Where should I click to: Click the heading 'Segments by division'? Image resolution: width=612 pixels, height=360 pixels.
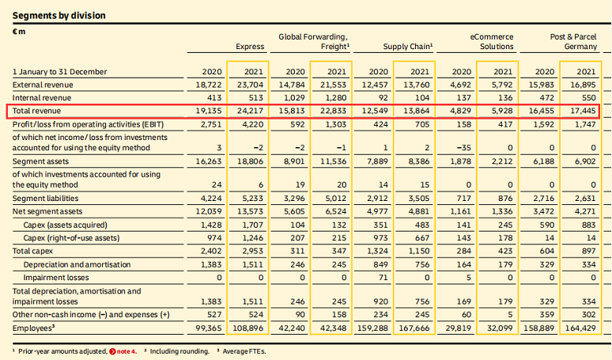59,15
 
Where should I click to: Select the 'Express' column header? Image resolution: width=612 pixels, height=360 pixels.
250,47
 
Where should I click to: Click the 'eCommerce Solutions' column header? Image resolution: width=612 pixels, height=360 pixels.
491,41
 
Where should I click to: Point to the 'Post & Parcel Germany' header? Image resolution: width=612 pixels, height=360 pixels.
574,41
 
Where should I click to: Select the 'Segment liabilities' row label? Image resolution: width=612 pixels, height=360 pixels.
45,198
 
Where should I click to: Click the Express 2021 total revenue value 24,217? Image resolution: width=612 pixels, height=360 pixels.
249,110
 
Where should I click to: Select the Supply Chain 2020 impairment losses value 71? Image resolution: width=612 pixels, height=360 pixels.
381,278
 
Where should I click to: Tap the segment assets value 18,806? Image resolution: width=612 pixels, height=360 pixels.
249,161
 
